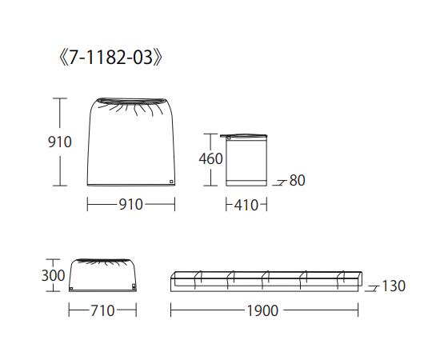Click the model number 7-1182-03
tap(110, 58)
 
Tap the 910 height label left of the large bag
tap(60, 142)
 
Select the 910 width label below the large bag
tap(131, 204)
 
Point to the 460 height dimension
tap(210, 158)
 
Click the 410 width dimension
tap(246, 206)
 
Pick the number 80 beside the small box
tap(298, 181)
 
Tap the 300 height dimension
tap(53, 275)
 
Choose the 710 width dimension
tap(102, 310)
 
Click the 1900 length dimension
tap(262, 310)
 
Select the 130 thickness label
tap(394, 286)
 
